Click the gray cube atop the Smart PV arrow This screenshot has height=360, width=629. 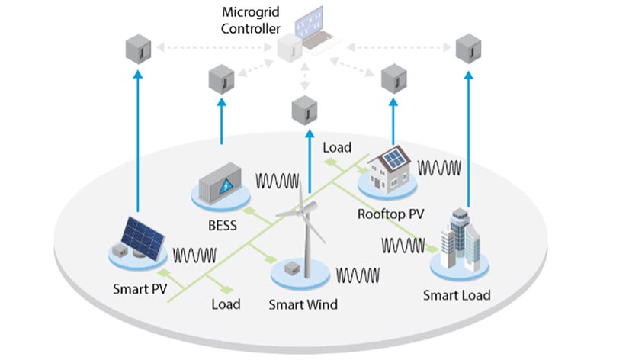138,50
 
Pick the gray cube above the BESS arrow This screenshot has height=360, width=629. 221,79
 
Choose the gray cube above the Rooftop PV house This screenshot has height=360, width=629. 393,79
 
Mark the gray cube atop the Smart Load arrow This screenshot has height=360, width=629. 467,50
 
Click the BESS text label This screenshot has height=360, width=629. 222,226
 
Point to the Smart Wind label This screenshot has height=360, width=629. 303,304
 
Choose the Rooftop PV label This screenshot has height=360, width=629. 390,214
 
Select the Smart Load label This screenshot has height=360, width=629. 457,294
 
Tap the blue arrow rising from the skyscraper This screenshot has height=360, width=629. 467,137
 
